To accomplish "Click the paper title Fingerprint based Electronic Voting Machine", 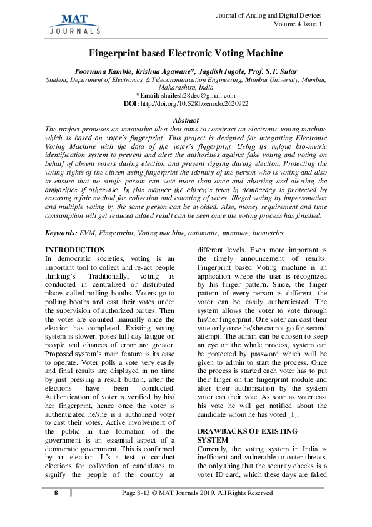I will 186,53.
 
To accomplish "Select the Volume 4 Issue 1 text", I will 298,24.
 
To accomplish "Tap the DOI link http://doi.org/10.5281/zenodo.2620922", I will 194,103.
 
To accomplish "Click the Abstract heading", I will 186,120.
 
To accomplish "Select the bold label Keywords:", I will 61,233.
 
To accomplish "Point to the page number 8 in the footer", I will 56,493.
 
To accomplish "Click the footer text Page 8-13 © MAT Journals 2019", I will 197,493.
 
